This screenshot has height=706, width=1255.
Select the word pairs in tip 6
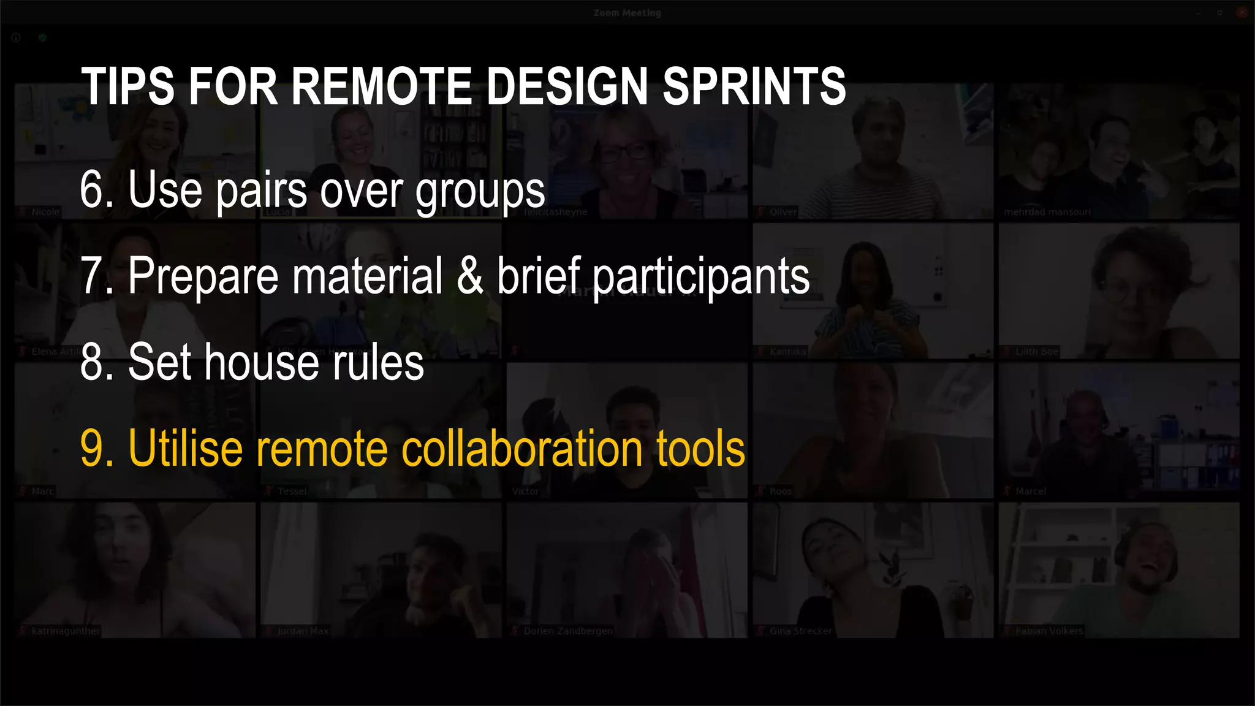pyautogui.click(x=262, y=191)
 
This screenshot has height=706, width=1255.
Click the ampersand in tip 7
pyautogui.click(x=470, y=276)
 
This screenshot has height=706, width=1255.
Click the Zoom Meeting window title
pyautogui.click(x=627, y=13)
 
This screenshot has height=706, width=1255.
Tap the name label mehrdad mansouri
pyautogui.click(x=1047, y=212)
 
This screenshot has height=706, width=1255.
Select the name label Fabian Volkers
pyautogui.click(x=1048, y=631)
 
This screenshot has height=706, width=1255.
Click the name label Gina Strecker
pyautogui.click(x=800, y=631)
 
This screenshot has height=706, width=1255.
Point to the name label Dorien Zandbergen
pyautogui.click(x=567, y=631)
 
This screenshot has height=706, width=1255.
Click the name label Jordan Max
pyautogui.click(x=303, y=631)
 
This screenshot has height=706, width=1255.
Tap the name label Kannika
pyautogui.click(x=787, y=352)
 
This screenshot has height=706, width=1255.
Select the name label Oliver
pyautogui.click(x=783, y=212)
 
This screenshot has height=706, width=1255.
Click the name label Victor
pyautogui.click(x=525, y=492)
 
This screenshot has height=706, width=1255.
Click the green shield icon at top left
pyautogui.click(x=42, y=38)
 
